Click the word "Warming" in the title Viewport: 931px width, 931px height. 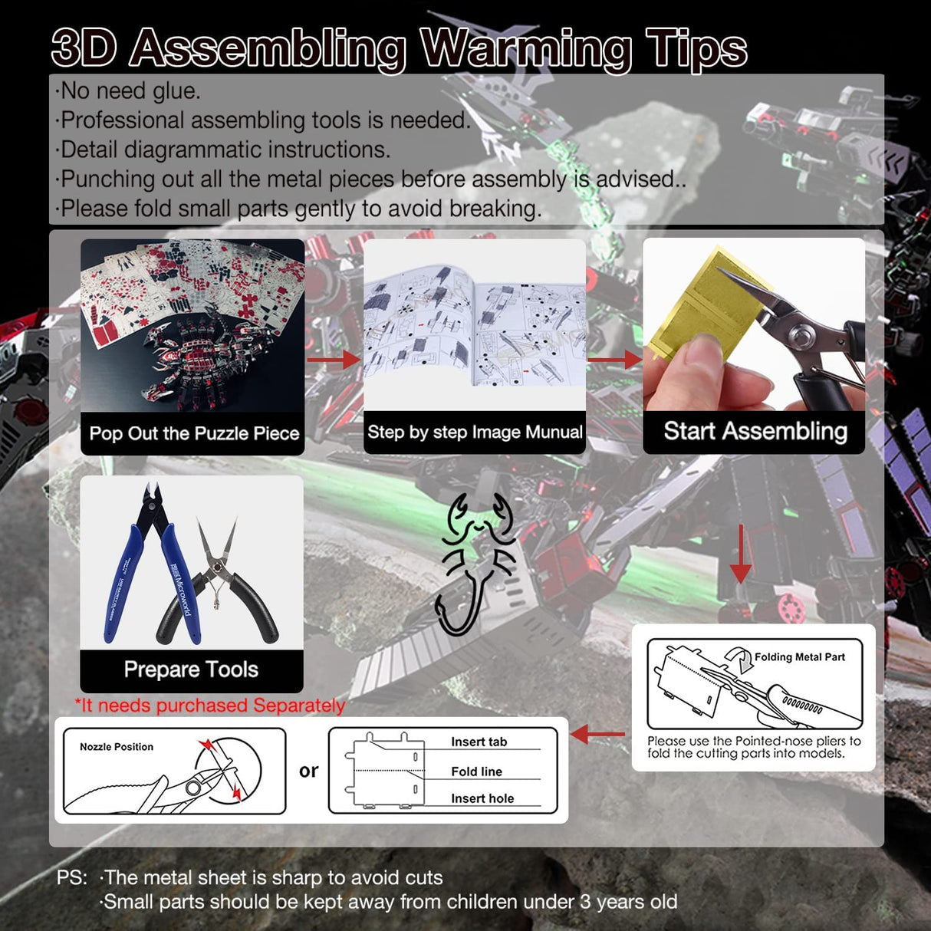[525, 50]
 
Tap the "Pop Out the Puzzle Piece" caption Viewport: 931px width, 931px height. [194, 433]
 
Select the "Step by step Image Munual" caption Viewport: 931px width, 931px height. [475, 432]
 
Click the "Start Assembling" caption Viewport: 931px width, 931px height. [755, 431]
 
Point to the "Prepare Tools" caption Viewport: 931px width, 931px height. [191, 669]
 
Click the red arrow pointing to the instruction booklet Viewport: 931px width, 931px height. [334, 360]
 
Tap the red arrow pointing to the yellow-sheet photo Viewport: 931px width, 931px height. [614, 360]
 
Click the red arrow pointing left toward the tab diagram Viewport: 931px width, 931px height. [597, 734]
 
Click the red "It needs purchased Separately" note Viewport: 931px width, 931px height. [210, 706]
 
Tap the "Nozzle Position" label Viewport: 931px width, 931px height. [117, 747]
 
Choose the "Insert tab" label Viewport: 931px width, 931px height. [479, 742]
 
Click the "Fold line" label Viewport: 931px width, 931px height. [477, 771]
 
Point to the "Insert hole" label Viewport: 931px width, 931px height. [482, 798]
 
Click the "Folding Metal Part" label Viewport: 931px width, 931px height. [800, 657]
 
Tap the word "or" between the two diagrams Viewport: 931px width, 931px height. [309, 771]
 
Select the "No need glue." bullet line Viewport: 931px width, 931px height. [127, 90]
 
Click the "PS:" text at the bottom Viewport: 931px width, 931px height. [72, 877]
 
